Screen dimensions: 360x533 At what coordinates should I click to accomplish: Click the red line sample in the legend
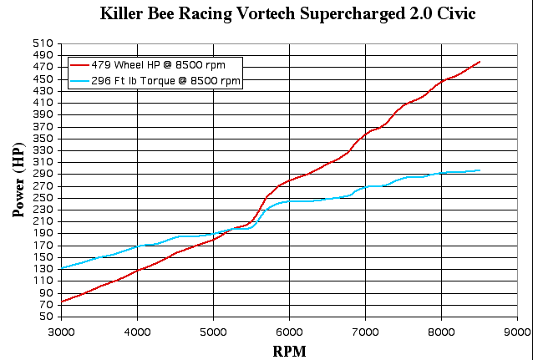[x=79, y=65]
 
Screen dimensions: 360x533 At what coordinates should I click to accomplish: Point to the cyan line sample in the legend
[x=79, y=81]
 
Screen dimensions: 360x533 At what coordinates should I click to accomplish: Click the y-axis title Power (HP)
[x=18, y=180]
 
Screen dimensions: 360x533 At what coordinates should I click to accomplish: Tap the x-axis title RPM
[x=289, y=351]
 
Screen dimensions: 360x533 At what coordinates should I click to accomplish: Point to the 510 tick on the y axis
[x=43, y=43]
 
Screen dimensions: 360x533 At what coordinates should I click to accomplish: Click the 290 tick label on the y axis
[x=43, y=173]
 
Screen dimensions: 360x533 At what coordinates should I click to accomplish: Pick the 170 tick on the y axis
[x=43, y=245]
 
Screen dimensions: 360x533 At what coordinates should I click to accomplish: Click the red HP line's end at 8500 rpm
[x=480, y=62]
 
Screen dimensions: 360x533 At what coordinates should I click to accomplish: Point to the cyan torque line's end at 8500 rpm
[x=480, y=170]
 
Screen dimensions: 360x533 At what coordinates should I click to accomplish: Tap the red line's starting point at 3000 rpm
[x=62, y=302]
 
